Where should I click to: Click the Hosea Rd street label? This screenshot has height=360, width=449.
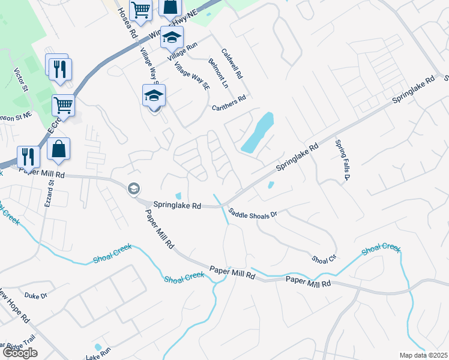coord(125,23)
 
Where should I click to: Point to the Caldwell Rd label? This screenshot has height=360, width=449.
coord(232,64)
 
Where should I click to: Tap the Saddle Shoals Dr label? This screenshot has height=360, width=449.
coord(253,213)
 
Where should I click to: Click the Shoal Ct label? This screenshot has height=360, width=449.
coord(322,259)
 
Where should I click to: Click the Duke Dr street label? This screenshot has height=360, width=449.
coord(35,295)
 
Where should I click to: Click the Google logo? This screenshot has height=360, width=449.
coord(20,353)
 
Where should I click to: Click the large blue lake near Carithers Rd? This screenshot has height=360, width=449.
coord(258,133)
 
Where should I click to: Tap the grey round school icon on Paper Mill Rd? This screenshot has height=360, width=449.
coord(133,189)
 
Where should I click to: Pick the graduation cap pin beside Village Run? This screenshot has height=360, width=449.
coord(172,37)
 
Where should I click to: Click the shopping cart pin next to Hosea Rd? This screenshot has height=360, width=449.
coord(140,10)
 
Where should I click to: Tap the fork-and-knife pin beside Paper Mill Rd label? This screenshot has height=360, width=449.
coord(28,157)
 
